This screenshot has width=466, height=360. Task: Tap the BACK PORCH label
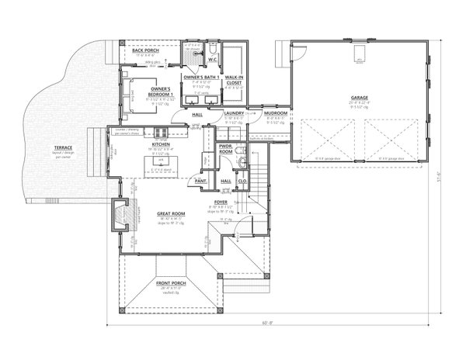[x=146, y=50]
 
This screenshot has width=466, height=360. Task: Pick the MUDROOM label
[x=276, y=113]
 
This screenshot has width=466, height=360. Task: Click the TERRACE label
[x=64, y=147]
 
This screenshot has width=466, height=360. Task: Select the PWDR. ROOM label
[x=227, y=148]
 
